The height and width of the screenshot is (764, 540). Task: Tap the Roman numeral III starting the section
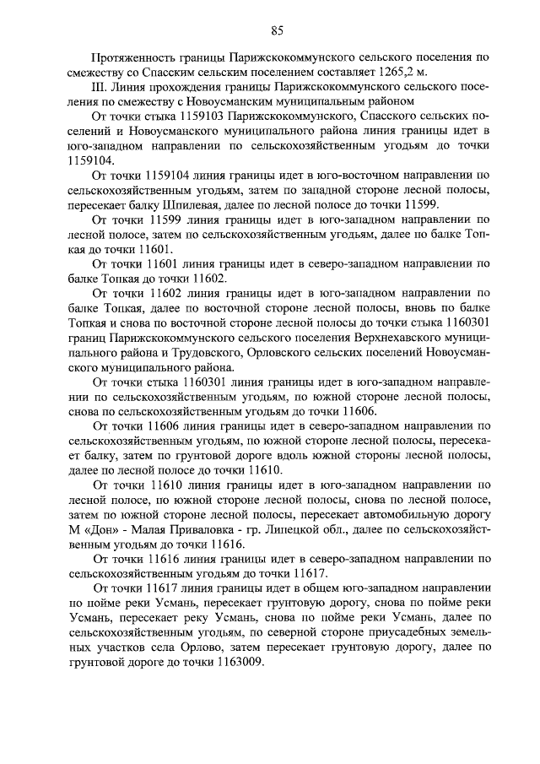pos(97,87)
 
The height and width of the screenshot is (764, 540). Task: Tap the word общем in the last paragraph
pos(296,588)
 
